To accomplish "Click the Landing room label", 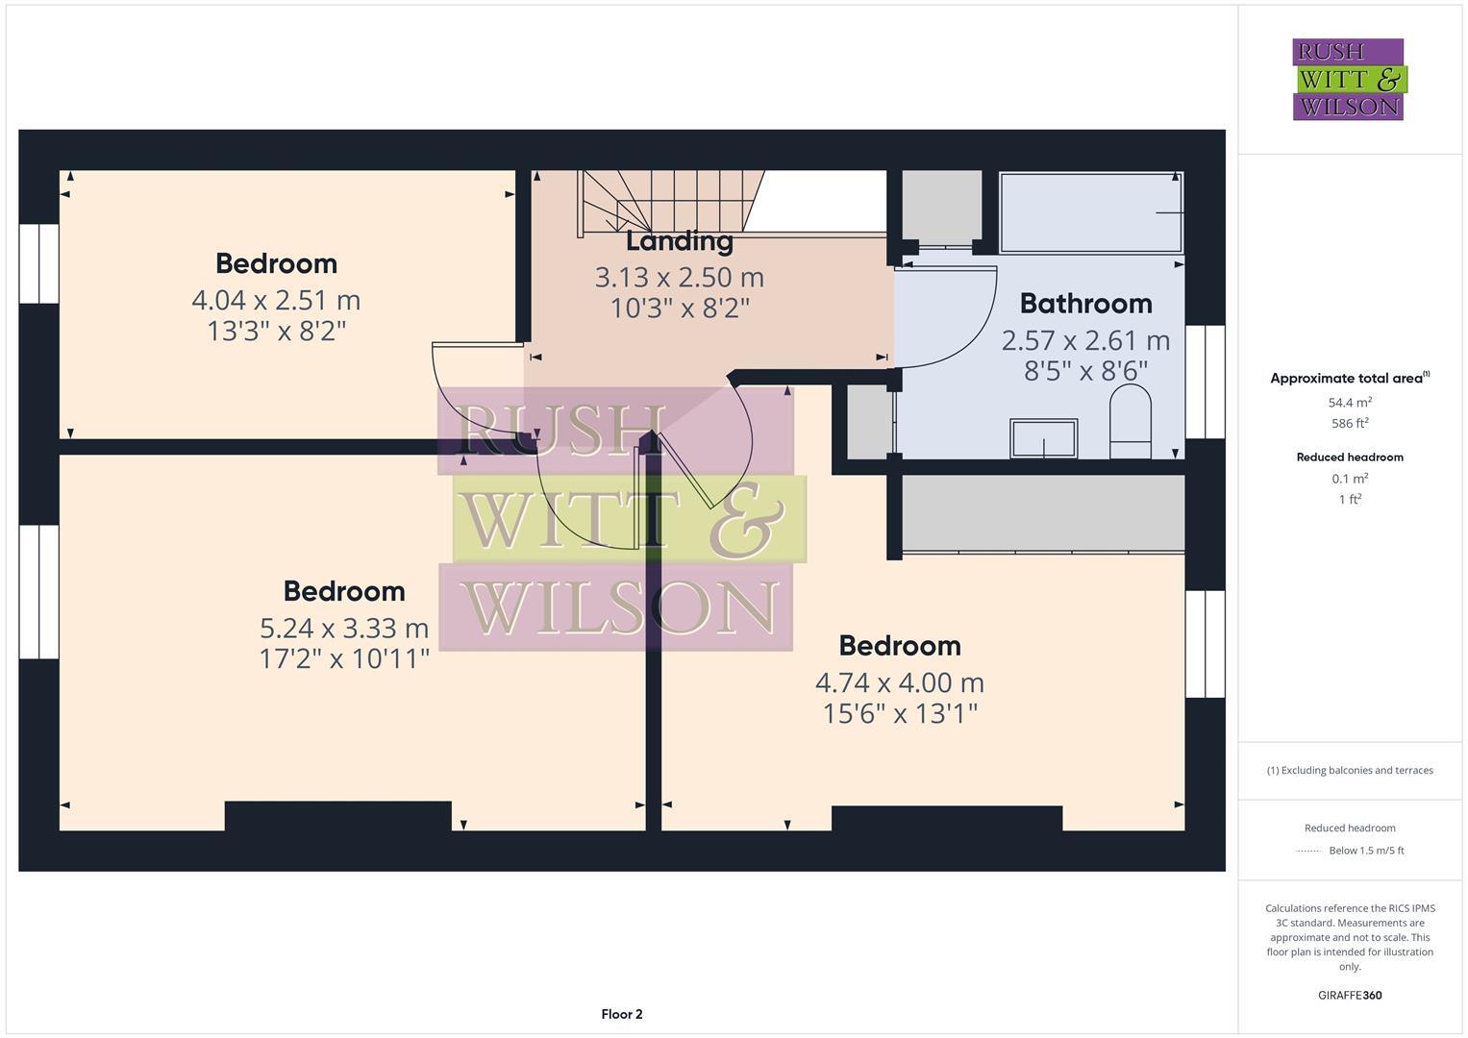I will [x=680, y=241].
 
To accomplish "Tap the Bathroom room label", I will [x=1085, y=304].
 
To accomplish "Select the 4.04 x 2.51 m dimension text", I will [x=276, y=300].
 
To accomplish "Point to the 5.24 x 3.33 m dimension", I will [x=344, y=629].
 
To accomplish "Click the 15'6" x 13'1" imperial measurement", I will [x=900, y=714].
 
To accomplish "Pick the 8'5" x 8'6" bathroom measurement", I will [x=1085, y=371].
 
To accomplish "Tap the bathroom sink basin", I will [x=1043, y=439].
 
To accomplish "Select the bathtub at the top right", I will [x=1090, y=212].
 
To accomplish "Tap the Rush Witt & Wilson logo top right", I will [x=1348, y=79].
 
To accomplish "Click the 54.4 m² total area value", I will [x=1350, y=403].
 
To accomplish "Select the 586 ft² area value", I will [x=1350, y=423].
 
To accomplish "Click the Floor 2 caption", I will [x=621, y=1014].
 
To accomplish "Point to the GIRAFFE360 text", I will [x=1350, y=995].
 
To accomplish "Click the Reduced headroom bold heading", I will [x=1350, y=457].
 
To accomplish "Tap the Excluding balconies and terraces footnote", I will [x=1350, y=770].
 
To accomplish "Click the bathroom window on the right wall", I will [x=1205, y=382].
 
